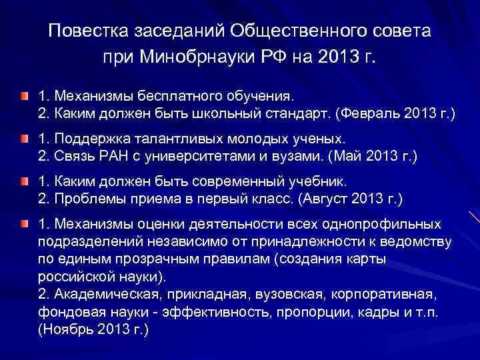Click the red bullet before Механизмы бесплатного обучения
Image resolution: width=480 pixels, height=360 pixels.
click(x=24, y=97)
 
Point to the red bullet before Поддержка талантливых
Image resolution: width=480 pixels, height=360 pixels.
click(x=24, y=139)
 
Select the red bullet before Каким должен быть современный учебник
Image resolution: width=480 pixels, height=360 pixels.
click(x=24, y=181)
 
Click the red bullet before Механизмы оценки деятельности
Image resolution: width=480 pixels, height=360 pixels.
click(x=24, y=222)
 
